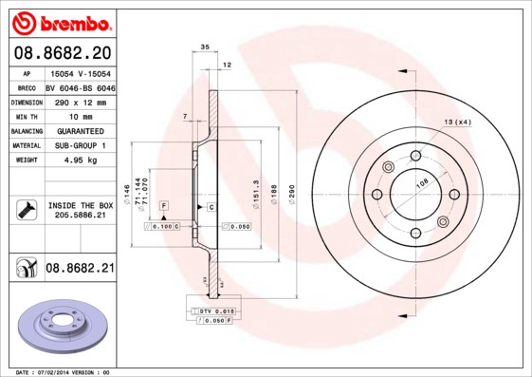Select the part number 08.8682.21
click(x=80, y=269)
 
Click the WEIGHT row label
click(x=27, y=160)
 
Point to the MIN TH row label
click(x=27, y=116)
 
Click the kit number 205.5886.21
click(x=81, y=216)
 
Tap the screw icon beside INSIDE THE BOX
click(x=26, y=209)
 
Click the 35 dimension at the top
click(x=204, y=46)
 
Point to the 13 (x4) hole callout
click(x=458, y=123)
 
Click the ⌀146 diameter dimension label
click(x=126, y=196)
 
